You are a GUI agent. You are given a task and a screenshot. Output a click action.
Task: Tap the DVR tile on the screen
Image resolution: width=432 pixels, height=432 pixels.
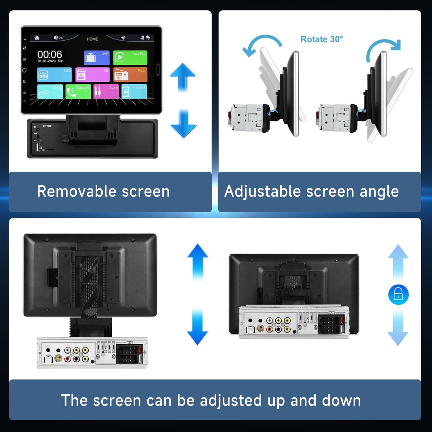click(97, 58)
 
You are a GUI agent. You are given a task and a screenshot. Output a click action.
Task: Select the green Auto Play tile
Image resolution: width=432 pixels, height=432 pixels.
click(130, 58)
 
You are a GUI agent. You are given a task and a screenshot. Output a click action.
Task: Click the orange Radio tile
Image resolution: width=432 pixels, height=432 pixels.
click(130, 75)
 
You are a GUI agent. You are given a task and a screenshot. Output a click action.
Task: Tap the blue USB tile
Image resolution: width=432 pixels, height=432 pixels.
click(54, 75)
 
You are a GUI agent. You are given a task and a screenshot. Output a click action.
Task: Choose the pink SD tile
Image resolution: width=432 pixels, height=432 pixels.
click(92, 75)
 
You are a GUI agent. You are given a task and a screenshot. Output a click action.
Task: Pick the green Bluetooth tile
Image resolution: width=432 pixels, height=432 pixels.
click(78, 91)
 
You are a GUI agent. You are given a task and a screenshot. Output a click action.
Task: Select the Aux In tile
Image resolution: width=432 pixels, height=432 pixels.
click(106, 91)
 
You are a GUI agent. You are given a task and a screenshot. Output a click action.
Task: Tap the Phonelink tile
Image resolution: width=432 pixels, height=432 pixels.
click(134, 91)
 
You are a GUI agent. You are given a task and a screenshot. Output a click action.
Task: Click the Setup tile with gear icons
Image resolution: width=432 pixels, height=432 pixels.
click(50, 91)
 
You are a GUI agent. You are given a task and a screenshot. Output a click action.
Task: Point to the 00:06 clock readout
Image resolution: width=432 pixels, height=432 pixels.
click(50, 54)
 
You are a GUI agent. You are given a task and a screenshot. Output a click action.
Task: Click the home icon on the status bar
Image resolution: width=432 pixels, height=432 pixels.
click(37, 38)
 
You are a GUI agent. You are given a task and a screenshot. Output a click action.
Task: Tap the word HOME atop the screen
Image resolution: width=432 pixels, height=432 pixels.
click(92, 39)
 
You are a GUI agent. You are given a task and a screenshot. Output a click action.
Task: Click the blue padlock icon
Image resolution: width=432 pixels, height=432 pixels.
click(398, 294)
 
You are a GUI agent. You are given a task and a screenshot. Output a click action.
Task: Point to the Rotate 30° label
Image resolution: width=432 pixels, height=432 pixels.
click(322, 39)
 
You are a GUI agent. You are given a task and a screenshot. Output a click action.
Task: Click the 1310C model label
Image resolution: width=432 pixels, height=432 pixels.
click(47, 126)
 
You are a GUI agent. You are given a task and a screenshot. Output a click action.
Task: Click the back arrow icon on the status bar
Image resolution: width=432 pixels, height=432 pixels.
click(148, 37)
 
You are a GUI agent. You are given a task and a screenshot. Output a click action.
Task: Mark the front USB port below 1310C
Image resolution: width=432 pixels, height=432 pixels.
click(37, 147)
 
